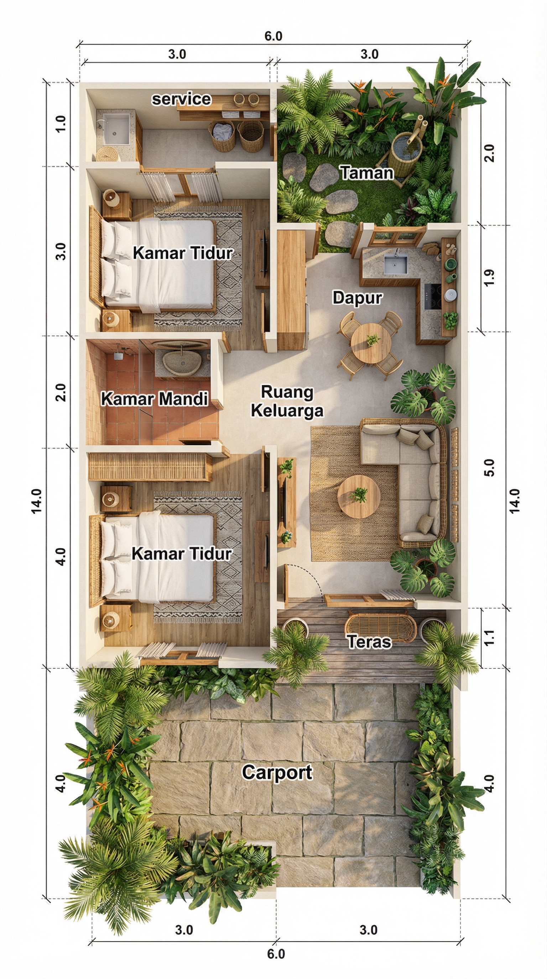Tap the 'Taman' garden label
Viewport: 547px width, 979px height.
(x=367, y=173)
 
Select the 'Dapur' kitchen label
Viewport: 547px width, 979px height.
(x=357, y=297)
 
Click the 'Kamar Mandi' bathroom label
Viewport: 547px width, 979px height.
(x=154, y=399)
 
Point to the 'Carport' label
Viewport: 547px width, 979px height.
(x=277, y=772)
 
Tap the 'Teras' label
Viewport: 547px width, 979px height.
(x=369, y=641)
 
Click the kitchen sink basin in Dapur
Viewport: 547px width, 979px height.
(x=395, y=264)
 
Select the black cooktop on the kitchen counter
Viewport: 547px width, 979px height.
(x=433, y=296)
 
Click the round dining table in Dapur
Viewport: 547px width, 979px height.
(x=371, y=343)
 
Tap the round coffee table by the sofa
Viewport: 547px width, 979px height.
(x=359, y=496)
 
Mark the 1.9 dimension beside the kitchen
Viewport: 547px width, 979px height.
(x=490, y=277)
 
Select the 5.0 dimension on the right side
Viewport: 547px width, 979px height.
(x=490, y=468)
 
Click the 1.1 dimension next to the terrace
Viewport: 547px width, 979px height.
(x=490, y=637)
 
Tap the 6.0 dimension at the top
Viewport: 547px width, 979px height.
(x=273, y=36)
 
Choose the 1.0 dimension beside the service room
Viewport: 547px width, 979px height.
(x=61, y=124)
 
